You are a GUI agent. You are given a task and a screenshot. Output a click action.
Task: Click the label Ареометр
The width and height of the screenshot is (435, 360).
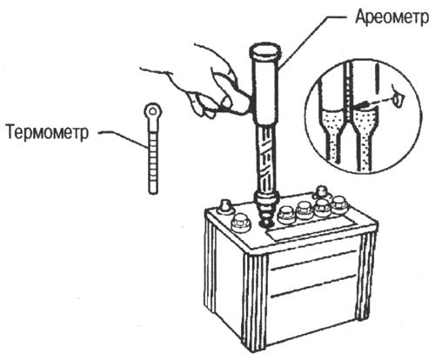(391, 17)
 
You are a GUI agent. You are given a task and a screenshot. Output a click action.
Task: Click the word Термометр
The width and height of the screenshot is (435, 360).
(47, 132)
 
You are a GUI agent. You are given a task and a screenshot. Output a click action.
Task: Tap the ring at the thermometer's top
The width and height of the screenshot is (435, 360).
(153, 111)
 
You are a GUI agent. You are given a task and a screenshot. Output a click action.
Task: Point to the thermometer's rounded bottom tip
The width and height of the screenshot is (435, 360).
(153, 191)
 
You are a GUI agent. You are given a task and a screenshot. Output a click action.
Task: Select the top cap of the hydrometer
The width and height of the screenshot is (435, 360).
(265, 50)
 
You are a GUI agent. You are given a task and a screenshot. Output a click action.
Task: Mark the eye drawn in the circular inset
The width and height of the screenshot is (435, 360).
(398, 98)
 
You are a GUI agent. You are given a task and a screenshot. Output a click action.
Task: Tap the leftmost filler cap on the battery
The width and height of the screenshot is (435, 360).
(240, 223)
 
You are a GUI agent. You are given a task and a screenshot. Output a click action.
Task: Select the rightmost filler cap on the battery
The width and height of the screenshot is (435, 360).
(338, 204)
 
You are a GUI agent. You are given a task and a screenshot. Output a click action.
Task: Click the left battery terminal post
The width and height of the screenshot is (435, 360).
(225, 207)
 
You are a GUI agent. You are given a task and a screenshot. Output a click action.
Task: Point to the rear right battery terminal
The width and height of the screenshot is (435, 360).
(319, 192)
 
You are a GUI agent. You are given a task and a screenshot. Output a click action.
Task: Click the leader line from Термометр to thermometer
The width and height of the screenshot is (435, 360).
(124, 139)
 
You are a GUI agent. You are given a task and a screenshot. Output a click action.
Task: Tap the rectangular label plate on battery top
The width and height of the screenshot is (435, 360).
(314, 228)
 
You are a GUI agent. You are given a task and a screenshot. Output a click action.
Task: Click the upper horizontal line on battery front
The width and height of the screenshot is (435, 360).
(313, 260)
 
